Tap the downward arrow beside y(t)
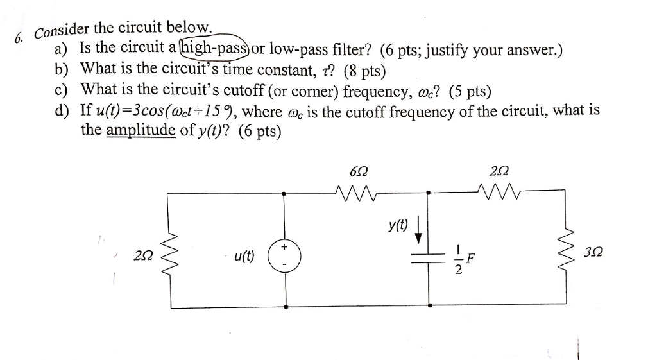click(x=419, y=231)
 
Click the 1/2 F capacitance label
click(x=463, y=259)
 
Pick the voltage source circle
click(x=284, y=255)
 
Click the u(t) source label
click(x=244, y=256)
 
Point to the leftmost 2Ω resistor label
click(x=143, y=255)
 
